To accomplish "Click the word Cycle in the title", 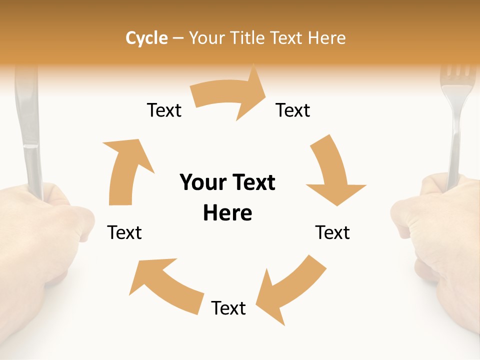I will pyautogui.click(x=146, y=38).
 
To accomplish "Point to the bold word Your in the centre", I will pyautogui.click(x=203, y=183).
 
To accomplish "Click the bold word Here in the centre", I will pyautogui.click(x=227, y=213).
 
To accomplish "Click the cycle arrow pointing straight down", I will pyautogui.click(x=332, y=172).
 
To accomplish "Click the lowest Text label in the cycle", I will pyautogui.click(x=228, y=308).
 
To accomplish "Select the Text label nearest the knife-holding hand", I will pyautogui.click(x=124, y=232).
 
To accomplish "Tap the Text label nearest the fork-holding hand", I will pyautogui.click(x=332, y=232).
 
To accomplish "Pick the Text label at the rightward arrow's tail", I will pyautogui.click(x=164, y=110).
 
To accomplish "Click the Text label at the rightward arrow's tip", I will pyautogui.click(x=293, y=110).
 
